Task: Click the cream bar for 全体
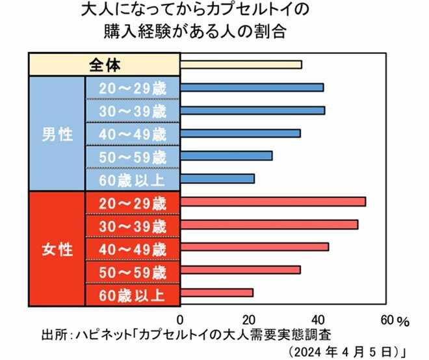pyautogui.click(x=240, y=64)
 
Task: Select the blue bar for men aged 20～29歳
pyautogui.click(x=252, y=88)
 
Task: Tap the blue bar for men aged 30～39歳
pyautogui.click(x=252, y=110)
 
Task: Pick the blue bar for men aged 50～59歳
pyautogui.click(x=226, y=156)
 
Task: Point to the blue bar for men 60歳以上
pyautogui.click(x=217, y=179)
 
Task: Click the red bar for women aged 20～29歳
pyautogui.click(x=273, y=201)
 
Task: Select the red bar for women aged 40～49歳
pyautogui.click(x=254, y=247)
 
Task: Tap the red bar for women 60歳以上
pyautogui.click(x=216, y=292)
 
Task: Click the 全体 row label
pyautogui.click(x=104, y=64)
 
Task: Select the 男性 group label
pyautogui.click(x=57, y=133)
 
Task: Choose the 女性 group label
pyautogui.click(x=57, y=248)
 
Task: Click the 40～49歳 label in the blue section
pyautogui.click(x=133, y=133)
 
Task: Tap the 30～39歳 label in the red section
pyautogui.click(x=133, y=225)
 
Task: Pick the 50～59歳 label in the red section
pyautogui.click(x=133, y=270)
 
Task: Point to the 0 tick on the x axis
pyautogui.click(x=180, y=320)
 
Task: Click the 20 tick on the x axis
pyautogui.click(x=248, y=320)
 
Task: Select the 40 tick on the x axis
pyautogui.click(x=317, y=320)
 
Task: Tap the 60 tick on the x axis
pyautogui.click(x=386, y=320)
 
